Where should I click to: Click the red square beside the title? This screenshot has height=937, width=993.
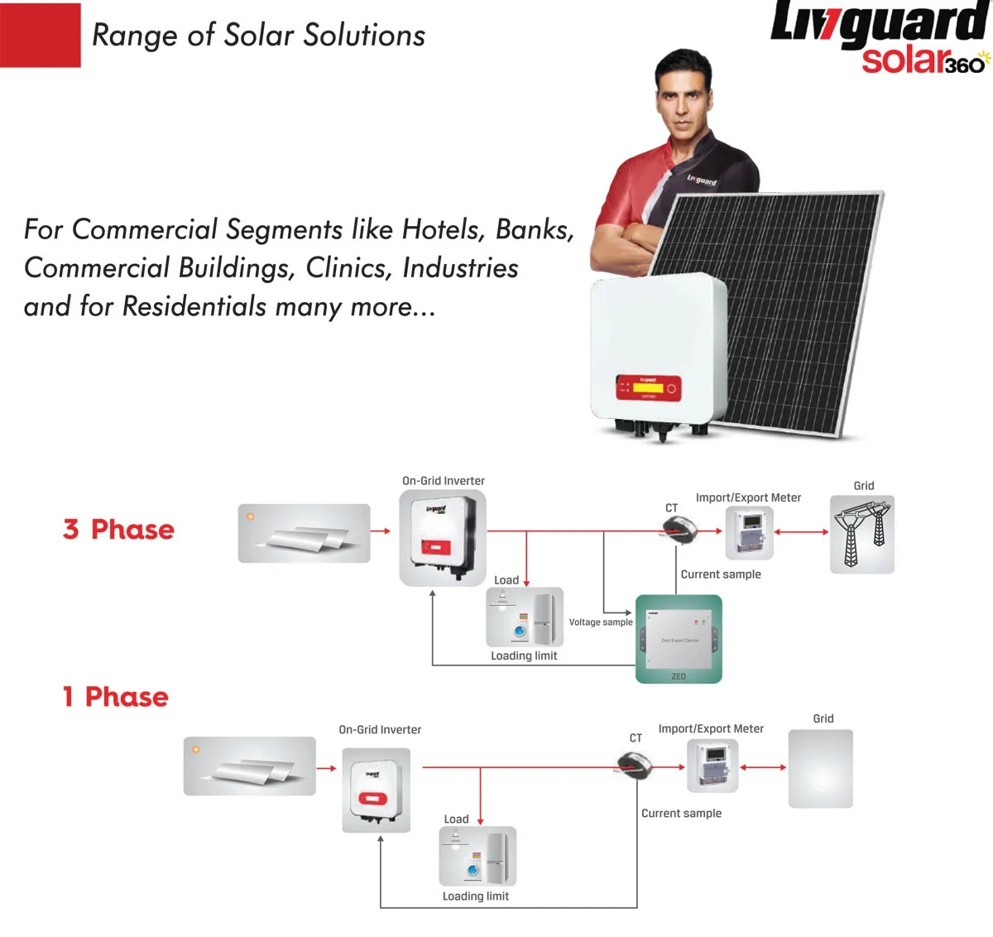tap(41, 36)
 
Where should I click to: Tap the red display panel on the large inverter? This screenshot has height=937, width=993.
tap(648, 387)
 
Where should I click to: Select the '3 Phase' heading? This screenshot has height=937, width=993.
tap(119, 530)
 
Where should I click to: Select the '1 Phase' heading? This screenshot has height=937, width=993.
tap(116, 697)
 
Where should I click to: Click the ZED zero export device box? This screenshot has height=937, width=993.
tap(679, 638)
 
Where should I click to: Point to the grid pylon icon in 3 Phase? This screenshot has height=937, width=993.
tap(862, 535)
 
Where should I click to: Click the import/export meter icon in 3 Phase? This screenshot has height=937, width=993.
tap(749, 532)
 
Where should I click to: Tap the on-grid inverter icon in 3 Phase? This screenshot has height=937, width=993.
tap(443, 538)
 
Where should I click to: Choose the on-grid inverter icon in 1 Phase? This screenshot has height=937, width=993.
tap(376, 790)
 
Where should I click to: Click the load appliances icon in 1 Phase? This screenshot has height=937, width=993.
tap(477, 856)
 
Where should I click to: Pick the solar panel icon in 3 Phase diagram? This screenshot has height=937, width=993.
tap(304, 533)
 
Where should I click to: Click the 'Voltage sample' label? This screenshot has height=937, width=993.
tap(601, 622)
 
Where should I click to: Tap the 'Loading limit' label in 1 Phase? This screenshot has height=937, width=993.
tap(476, 896)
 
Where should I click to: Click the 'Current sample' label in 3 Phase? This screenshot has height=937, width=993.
tap(721, 574)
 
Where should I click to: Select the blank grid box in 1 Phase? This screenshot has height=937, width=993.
tap(820, 768)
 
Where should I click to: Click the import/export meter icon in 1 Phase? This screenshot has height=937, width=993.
tap(712, 766)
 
